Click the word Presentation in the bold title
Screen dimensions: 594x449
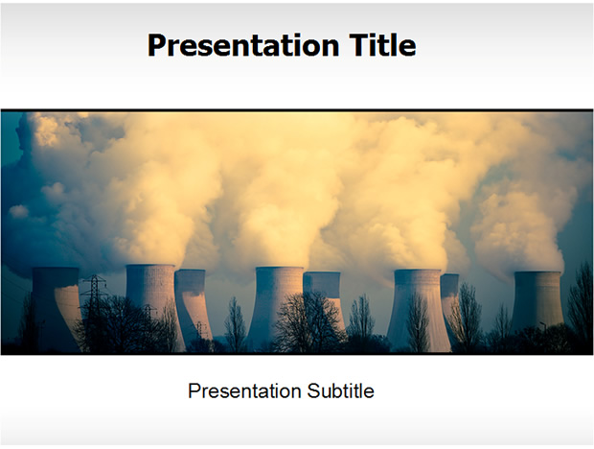(243, 46)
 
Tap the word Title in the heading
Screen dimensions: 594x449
(382, 44)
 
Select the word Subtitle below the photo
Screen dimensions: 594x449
(340, 391)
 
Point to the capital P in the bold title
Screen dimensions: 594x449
(157, 45)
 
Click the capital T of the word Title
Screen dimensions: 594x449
(359, 45)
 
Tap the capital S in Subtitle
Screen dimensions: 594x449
(313, 391)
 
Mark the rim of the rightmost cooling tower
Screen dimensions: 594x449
(537, 272)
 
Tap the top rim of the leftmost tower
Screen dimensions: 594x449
(56, 269)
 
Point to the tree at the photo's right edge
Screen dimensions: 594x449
(581, 303)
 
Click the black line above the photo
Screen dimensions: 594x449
(297, 110)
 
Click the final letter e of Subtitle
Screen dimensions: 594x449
(370, 393)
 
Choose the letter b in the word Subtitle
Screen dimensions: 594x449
(335, 391)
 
